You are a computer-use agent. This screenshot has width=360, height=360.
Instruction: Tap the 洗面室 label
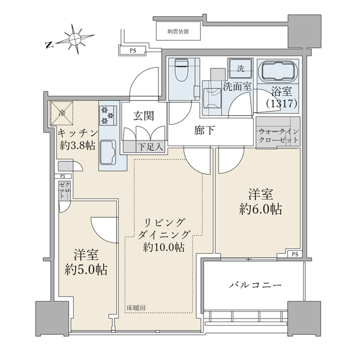pos(237,86)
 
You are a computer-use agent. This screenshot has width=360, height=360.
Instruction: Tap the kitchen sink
pos(108,151)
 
